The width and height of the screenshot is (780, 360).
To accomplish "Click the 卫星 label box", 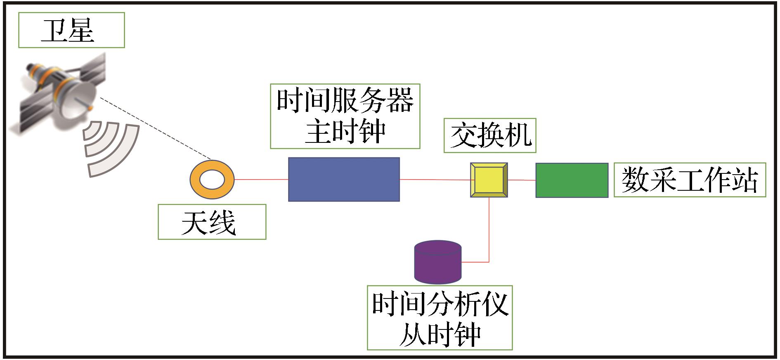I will [71, 30].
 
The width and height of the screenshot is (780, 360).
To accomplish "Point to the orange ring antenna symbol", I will [212, 180].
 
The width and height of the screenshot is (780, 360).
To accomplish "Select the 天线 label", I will [212, 222].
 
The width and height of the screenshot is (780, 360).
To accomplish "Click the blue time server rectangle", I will [344, 179].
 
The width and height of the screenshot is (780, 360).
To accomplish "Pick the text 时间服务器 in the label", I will [345, 101].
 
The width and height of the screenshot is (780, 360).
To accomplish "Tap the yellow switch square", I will [489, 180].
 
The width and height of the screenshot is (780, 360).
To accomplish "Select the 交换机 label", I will [490, 135].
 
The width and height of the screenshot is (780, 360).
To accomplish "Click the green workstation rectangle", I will [572, 180].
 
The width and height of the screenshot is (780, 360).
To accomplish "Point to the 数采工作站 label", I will [689, 180].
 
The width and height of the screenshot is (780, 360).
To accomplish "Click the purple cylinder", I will [437, 262].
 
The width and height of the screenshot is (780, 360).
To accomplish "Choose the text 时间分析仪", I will [440, 305].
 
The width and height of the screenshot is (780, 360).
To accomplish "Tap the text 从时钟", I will [440, 334].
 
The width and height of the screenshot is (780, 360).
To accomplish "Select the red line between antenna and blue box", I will [261, 180].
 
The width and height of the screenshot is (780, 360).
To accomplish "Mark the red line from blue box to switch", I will [435, 180].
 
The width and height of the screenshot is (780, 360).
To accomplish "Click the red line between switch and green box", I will [521, 180].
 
